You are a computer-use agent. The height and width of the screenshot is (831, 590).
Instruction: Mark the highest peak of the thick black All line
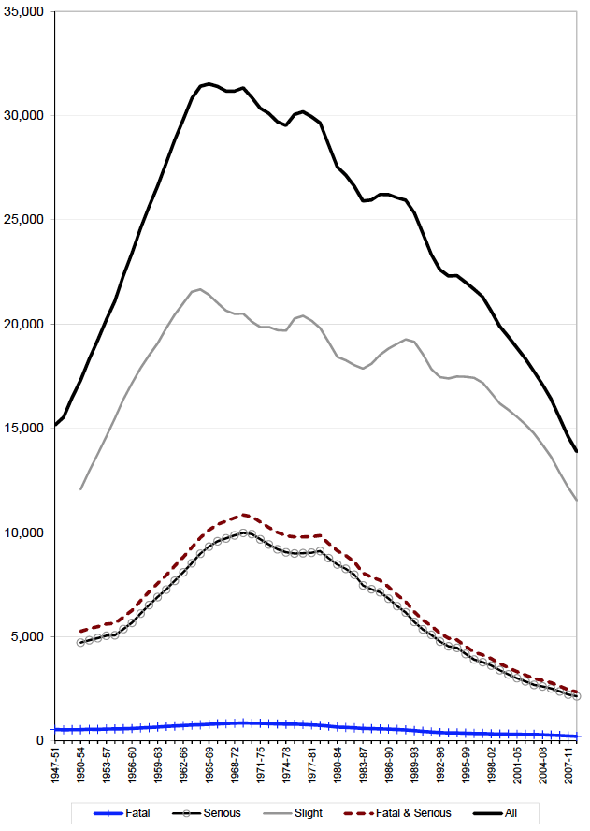[209, 84]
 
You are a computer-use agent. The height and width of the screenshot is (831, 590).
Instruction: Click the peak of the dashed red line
[243, 514]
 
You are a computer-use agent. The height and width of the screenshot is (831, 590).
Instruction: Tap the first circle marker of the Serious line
[81, 642]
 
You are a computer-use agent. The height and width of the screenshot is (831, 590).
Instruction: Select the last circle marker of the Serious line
[577, 696]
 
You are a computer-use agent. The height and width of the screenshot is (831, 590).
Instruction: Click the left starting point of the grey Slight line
[81, 488]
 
